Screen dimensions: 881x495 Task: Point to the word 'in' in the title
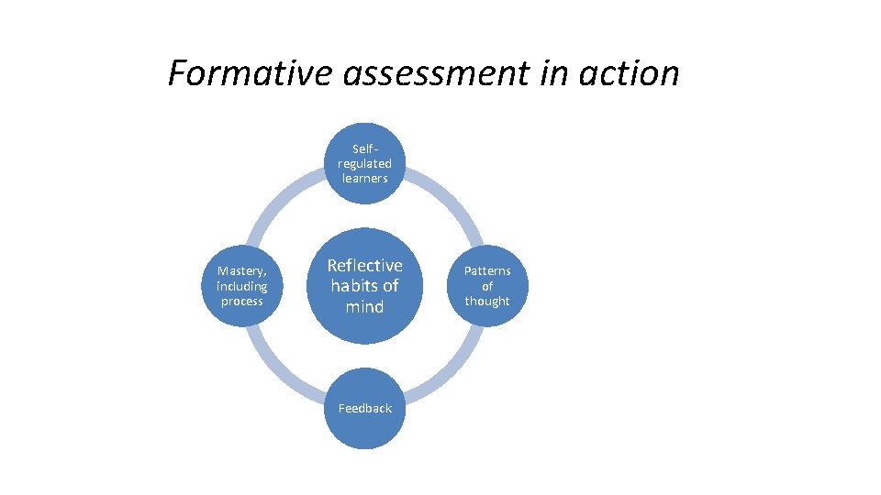(x=552, y=73)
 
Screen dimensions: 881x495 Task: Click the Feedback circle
(x=364, y=409)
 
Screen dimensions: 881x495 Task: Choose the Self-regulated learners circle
(x=364, y=163)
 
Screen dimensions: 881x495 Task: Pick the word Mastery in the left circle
(x=241, y=271)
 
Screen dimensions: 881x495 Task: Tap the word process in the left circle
(x=242, y=301)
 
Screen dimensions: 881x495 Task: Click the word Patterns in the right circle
(x=487, y=271)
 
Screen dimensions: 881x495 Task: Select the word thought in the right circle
(x=487, y=301)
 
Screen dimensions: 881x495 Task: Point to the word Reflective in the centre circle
(x=364, y=265)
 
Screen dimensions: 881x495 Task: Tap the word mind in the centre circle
(x=364, y=306)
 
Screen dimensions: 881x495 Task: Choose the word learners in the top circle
(x=364, y=178)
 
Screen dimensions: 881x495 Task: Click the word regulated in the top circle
(x=364, y=163)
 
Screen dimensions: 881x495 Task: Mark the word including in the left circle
(x=242, y=286)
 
